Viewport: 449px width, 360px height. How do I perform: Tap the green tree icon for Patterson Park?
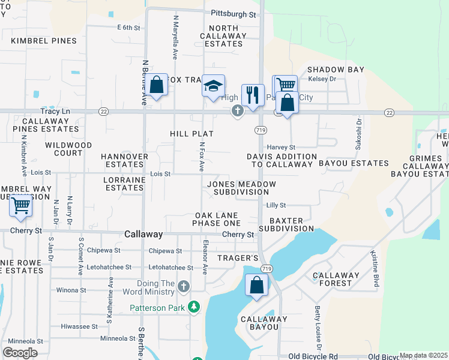point(193,308)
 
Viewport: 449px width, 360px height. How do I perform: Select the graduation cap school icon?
point(212,86)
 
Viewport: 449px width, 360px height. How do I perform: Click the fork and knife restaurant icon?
point(253,95)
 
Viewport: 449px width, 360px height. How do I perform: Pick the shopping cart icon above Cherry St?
point(21,206)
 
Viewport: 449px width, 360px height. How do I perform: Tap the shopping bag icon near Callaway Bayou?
point(256,286)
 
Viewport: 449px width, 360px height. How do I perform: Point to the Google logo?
point(20,352)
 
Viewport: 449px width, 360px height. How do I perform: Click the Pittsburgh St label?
point(234,13)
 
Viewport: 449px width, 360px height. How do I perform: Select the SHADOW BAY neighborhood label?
point(336,70)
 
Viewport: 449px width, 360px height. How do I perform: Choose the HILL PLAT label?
point(192,134)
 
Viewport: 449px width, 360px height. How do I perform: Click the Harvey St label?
point(282,147)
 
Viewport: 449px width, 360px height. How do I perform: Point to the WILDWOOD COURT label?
point(68,149)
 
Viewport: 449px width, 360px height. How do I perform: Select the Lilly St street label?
point(276,205)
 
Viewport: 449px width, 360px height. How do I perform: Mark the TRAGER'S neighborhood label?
point(242,258)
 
